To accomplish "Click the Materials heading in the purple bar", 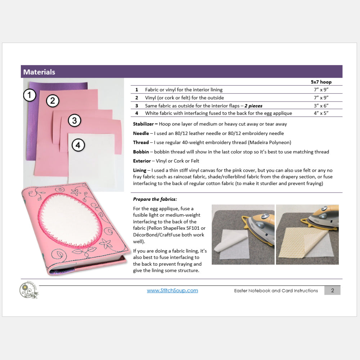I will (x=39, y=72).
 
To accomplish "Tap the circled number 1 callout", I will (x=30, y=95).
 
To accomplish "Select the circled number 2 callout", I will (x=53, y=101).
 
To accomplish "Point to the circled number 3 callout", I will (x=74, y=120).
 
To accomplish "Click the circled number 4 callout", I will (x=78, y=145).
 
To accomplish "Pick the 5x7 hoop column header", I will (x=321, y=82).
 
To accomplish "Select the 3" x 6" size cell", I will (x=321, y=105).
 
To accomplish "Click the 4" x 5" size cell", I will (x=321, y=113).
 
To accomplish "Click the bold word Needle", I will (x=141, y=133).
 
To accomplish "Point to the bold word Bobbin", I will (x=141, y=152).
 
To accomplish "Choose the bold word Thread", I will (x=141, y=143).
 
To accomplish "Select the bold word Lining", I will (x=140, y=170).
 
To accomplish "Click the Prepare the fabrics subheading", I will (x=155, y=199).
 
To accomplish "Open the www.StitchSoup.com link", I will (x=172, y=291).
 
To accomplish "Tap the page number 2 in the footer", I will (x=332, y=290).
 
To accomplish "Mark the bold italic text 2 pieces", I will (x=253, y=105).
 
